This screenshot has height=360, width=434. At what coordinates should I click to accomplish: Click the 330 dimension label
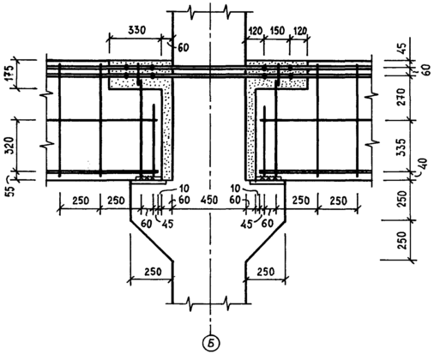point(136,30)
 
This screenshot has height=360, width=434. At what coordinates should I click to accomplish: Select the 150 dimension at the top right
point(276,31)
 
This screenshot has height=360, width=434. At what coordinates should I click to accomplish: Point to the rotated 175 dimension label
point(9,74)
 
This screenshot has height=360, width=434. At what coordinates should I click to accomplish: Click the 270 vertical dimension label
point(401,97)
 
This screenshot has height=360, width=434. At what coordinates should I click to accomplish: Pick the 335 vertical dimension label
point(401,147)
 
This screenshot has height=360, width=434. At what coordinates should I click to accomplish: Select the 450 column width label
point(209,200)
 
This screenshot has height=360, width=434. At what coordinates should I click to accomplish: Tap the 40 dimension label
point(422,164)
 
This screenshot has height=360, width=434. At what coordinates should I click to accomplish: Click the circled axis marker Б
point(211,343)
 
